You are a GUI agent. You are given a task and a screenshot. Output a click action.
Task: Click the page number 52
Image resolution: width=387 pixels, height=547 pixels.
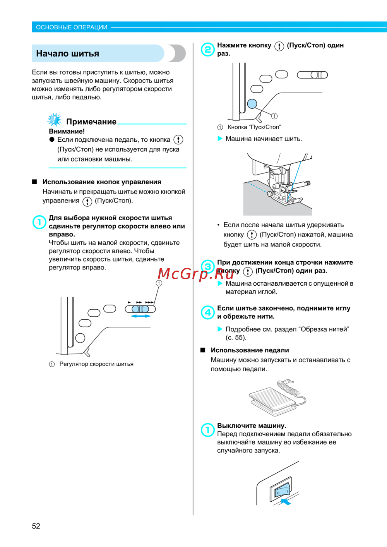click(x=36, y=526)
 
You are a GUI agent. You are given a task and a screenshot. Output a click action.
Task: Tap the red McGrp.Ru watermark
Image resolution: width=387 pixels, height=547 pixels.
click(x=195, y=274)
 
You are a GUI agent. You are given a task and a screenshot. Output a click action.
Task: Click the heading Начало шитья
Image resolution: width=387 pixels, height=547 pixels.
click(x=68, y=53)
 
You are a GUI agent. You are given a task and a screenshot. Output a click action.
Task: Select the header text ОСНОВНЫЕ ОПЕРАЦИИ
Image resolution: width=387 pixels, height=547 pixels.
click(x=72, y=27)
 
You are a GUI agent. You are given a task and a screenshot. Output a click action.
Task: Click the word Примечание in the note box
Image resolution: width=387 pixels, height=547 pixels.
click(x=91, y=122)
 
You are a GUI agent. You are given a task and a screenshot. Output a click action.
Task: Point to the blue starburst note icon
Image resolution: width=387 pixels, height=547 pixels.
click(x=54, y=120)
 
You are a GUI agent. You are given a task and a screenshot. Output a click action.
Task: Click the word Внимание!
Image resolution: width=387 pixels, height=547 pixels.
click(x=67, y=131)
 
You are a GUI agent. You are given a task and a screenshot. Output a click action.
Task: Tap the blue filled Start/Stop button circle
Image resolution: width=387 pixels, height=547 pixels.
click(x=252, y=104)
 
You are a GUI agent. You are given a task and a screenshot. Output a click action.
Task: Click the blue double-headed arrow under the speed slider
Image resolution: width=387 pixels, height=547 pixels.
click(x=140, y=316)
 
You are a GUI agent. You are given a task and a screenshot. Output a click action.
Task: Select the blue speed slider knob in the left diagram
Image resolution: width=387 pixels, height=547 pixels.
click(x=140, y=309)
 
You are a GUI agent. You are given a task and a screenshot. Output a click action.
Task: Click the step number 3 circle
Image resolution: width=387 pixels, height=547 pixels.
click(x=207, y=266)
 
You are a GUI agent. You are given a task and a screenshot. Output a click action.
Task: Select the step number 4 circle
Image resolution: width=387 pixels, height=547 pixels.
click(x=207, y=312)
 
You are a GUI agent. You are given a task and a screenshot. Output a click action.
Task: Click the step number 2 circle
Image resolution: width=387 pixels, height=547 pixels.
click(x=207, y=50)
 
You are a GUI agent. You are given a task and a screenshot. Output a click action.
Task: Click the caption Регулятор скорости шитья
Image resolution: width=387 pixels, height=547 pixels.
click(x=96, y=364)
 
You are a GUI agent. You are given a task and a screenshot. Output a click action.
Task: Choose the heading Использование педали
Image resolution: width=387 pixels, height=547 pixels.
click(x=250, y=350)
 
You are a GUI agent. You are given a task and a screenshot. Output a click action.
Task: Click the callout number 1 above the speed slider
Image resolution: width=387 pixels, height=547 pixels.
click(x=159, y=283)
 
